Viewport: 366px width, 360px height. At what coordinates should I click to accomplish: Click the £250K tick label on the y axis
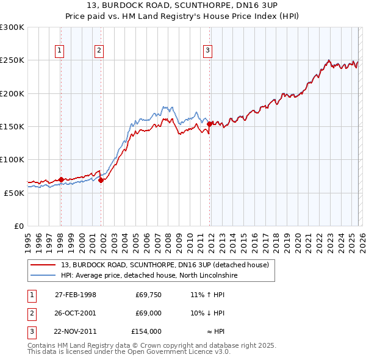[x=12, y=60]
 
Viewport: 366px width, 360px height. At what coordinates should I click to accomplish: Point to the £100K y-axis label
[x=12, y=159]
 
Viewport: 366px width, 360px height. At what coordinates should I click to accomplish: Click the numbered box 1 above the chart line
[x=60, y=51]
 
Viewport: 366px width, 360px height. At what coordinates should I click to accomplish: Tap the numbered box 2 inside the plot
[x=98, y=51]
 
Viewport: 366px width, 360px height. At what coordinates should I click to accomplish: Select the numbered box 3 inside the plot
[x=207, y=51]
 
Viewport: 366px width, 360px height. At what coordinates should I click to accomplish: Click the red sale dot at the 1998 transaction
[x=61, y=179]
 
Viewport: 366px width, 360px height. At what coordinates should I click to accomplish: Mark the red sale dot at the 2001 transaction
[x=101, y=180]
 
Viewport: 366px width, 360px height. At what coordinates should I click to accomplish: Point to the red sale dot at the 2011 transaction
[x=209, y=124]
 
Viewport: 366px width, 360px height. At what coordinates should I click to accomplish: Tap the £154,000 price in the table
[x=146, y=331]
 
